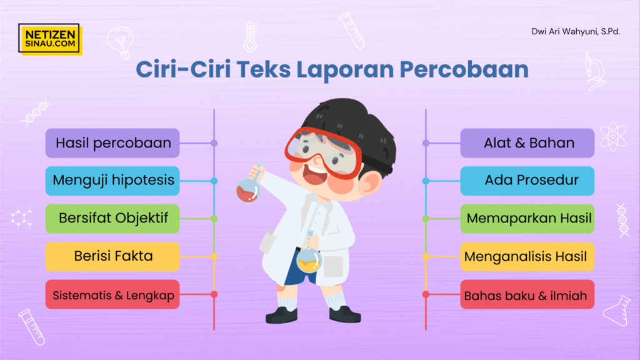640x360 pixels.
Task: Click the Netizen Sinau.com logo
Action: coord(50,39)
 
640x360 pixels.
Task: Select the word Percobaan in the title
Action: coord(464,69)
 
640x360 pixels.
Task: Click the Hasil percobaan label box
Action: coord(112,143)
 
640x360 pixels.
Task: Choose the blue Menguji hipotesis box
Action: coord(112,181)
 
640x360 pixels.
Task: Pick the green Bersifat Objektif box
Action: coord(112,219)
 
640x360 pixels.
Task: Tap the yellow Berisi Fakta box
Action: coord(112,256)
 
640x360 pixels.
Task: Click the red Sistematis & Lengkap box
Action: coord(112,294)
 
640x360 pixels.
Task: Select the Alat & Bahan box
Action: coord(527,143)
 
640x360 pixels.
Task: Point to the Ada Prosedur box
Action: coord(527,181)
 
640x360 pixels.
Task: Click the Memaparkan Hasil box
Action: coord(527,219)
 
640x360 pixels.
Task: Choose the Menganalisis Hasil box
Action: coord(527,256)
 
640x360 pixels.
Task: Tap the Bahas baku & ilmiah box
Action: coord(527,294)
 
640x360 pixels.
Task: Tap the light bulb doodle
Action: coord(121,42)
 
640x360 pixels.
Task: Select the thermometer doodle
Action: coord(250,37)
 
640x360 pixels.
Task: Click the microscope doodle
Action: coord(594,71)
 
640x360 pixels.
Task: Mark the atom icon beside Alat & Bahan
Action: coord(613,136)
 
